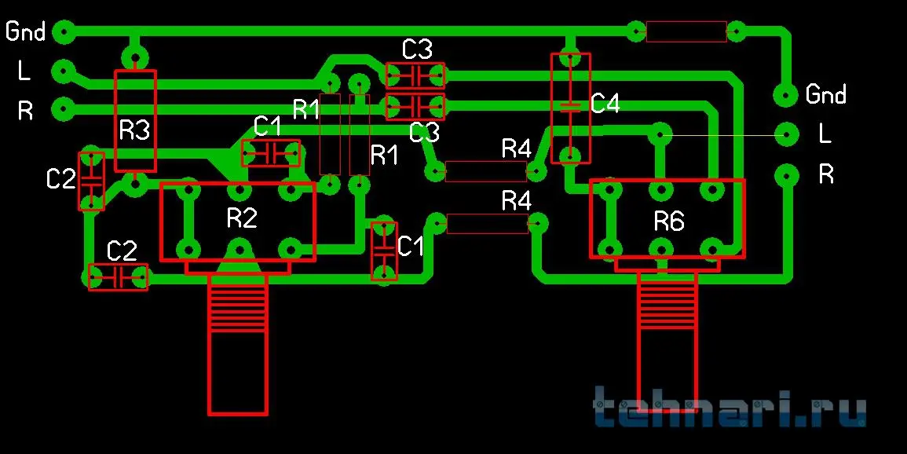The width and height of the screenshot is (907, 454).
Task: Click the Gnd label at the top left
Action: [25, 31]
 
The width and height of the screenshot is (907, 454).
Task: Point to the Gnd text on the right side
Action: [825, 95]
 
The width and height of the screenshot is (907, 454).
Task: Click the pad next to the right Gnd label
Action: [784, 94]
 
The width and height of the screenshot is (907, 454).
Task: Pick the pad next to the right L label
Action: [784, 134]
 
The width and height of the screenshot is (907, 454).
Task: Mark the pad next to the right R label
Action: [784, 174]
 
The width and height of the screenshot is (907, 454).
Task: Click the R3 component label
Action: [134, 130]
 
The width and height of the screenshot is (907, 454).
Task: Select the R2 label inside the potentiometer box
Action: [242, 218]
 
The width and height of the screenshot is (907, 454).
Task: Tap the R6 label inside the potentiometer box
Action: [669, 222]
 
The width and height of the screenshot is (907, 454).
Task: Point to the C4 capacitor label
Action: [605, 104]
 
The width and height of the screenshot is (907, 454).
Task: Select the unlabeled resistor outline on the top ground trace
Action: [686, 32]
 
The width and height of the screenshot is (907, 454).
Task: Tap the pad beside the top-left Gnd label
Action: [64, 32]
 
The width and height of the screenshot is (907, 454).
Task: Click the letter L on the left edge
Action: [24, 71]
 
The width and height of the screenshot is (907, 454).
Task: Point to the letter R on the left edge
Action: [25, 111]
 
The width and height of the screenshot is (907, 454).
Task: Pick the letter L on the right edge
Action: [825, 134]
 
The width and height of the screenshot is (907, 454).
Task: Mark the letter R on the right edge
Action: [826, 174]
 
